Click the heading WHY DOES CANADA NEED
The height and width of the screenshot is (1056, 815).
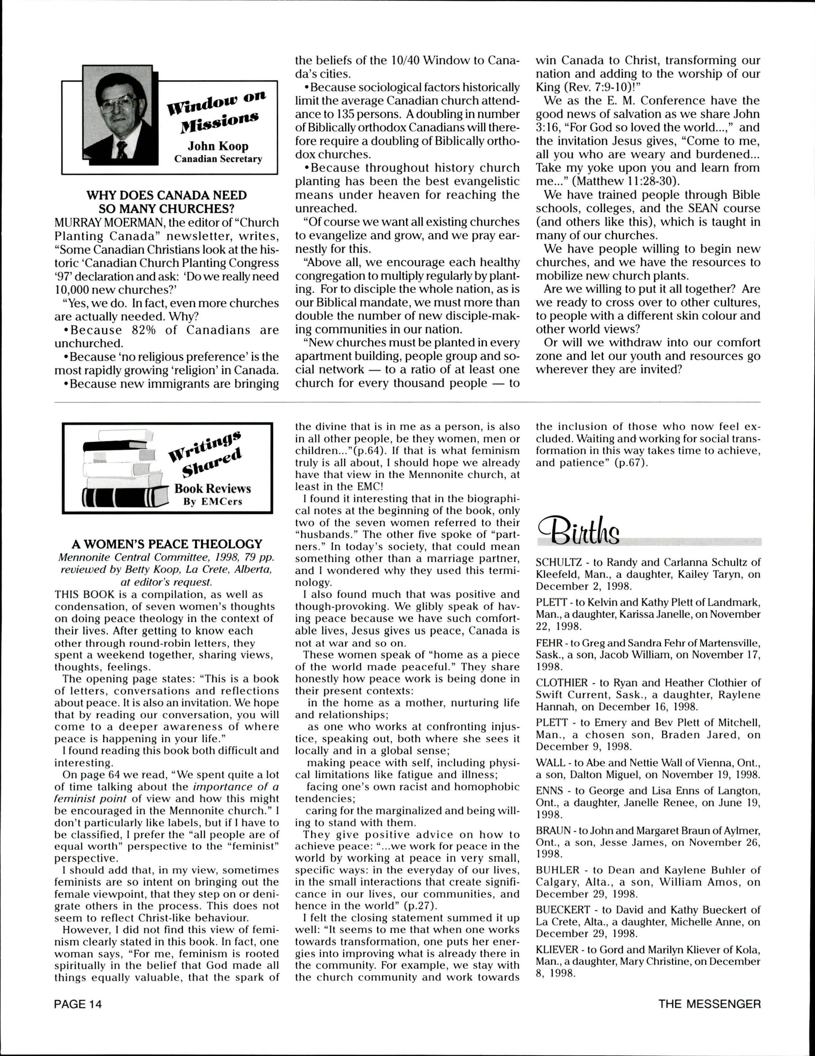(166, 195)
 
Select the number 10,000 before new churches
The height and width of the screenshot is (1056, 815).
(72, 290)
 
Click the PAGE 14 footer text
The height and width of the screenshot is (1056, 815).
(79, 1004)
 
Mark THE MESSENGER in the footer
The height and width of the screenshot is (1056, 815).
(709, 1004)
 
